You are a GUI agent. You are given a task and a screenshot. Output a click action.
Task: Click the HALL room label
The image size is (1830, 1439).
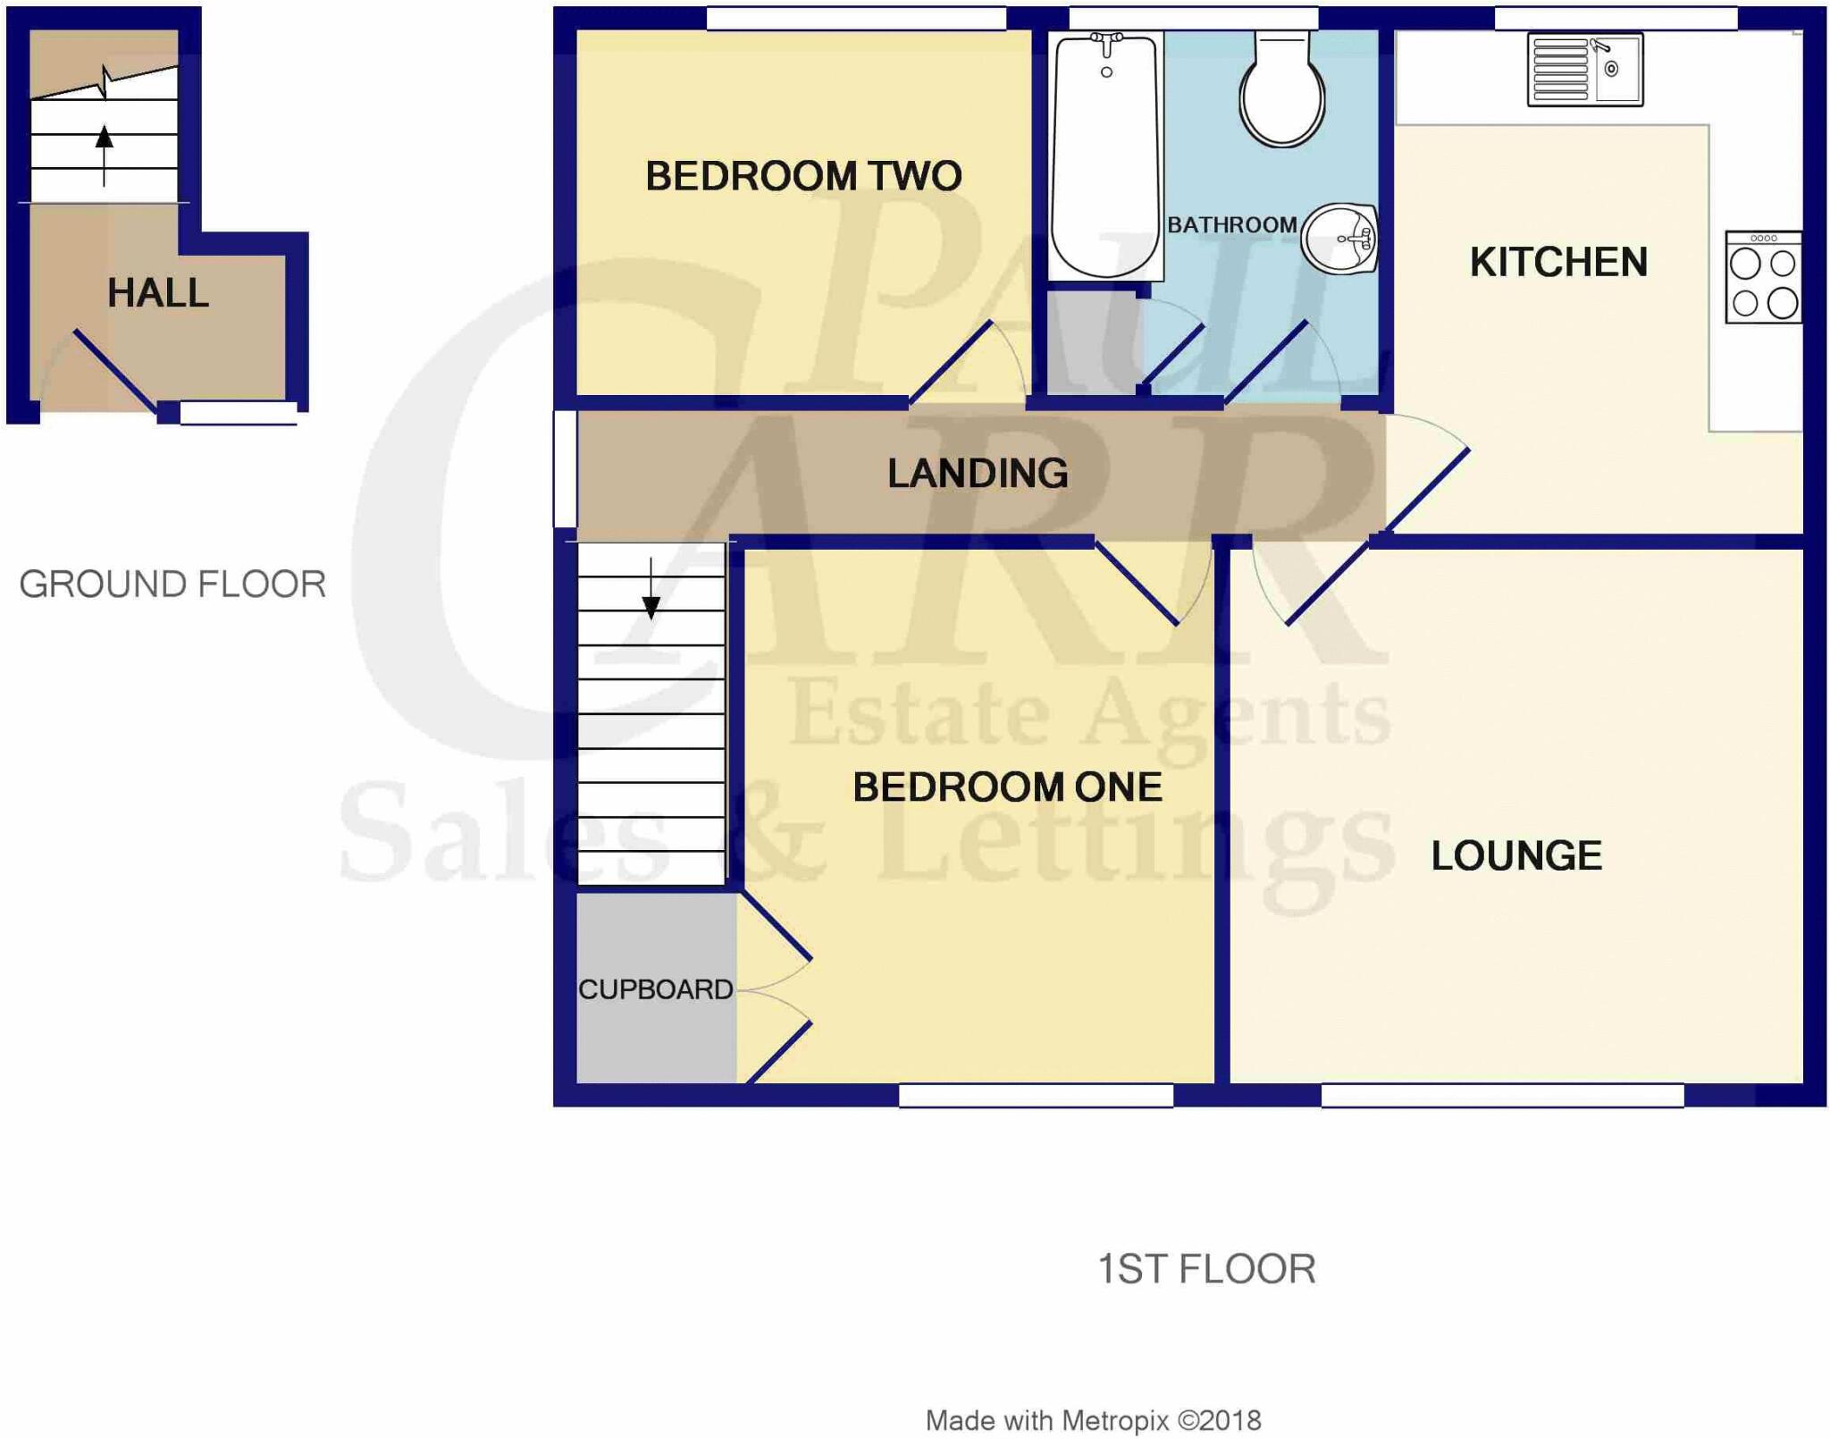[x=158, y=293]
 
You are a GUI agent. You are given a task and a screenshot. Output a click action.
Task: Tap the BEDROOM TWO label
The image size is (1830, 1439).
[x=803, y=176]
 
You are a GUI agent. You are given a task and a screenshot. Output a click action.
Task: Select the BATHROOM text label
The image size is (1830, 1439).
[x=1231, y=225]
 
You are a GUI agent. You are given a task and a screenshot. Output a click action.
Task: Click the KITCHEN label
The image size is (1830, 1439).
[x=1558, y=263]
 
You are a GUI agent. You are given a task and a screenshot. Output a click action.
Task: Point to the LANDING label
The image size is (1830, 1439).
[x=978, y=474]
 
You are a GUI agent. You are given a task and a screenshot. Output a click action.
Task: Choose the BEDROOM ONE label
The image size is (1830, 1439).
[x=1007, y=787]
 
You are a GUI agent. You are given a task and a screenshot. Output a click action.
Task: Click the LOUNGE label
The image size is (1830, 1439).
[x=1516, y=856]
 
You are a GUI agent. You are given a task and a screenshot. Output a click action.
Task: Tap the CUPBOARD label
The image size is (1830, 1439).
[x=655, y=989]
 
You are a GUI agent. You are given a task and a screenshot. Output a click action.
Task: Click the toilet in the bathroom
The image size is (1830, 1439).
[x=1281, y=90]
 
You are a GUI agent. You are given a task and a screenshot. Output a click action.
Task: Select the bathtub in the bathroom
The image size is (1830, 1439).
[x=1106, y=154]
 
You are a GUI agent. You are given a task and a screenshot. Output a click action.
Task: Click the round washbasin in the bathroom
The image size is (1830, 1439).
[x=1339, y=239]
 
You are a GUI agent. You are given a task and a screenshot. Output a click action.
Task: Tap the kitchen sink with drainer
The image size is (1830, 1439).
[x=1584, y=70]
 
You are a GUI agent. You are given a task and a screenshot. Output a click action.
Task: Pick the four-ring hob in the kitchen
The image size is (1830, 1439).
[x=1763, y=277]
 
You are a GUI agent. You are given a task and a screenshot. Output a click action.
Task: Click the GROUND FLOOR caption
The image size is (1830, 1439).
[x=172, y=585]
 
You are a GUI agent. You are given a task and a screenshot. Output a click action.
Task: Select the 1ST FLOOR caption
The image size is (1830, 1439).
[x=1206, y=1269]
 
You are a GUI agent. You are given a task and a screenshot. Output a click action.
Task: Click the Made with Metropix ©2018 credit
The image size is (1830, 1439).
[x=1093, y=1420]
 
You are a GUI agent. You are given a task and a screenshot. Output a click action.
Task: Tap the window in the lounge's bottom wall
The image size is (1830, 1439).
[x=1502, y=1095]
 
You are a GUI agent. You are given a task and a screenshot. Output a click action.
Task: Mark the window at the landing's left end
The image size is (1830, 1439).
[x=565, y=468]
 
